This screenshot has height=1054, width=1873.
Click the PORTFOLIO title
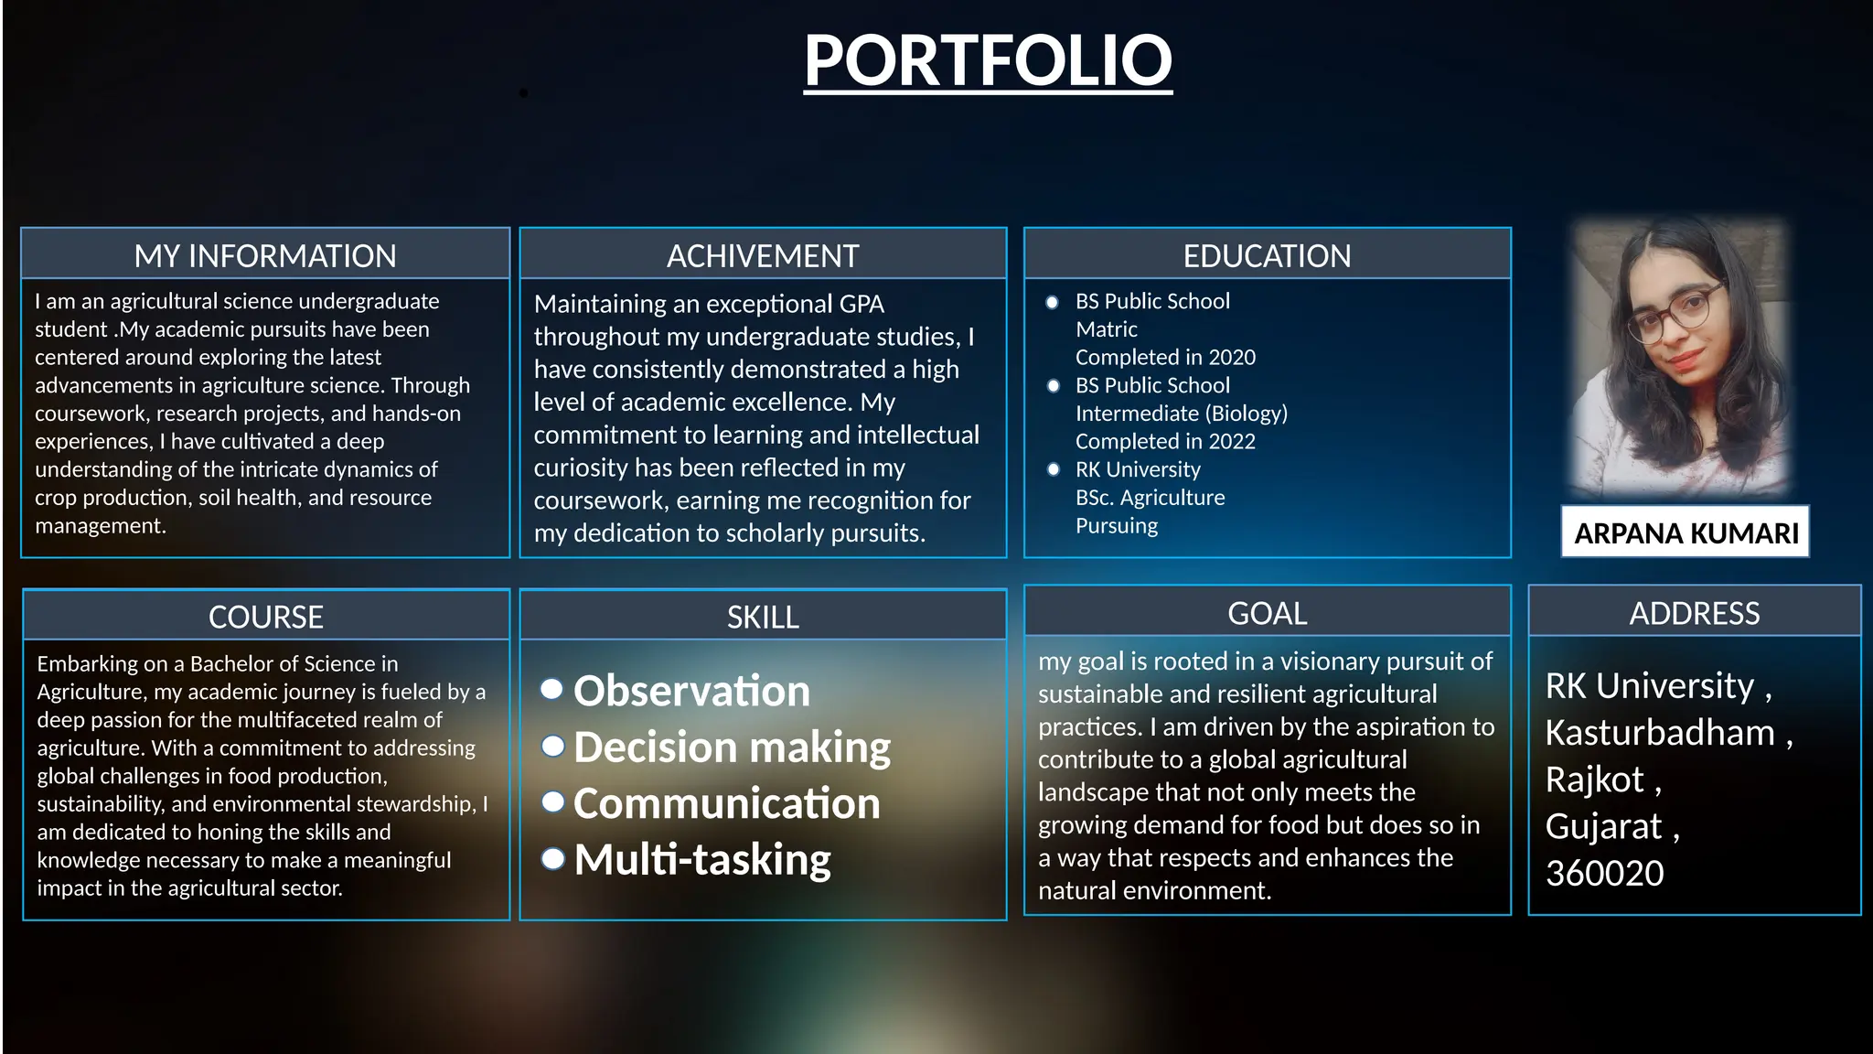coord(988,60)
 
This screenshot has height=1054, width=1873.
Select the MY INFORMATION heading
coord(265,255)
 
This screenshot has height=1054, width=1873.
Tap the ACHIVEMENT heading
coord(763,255)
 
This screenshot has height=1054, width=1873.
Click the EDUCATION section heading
coord(1267,255)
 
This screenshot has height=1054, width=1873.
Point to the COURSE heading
coord(265,617)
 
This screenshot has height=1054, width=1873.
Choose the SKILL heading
coord(763,617)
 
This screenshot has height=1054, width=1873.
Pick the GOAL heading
coord(1267,613)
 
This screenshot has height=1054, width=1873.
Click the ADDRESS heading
coord(1694,613)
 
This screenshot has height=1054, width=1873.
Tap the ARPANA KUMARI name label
coord(1686,532)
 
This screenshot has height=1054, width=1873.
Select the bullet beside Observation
coord(551,689)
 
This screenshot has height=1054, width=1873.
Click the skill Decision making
coord(732,747)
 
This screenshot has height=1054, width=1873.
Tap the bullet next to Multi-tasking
coord(552,859)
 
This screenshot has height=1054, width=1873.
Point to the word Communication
coord(726,803)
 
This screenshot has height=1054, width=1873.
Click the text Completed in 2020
coord(1165,357)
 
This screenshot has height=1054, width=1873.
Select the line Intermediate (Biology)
coord(1181,414)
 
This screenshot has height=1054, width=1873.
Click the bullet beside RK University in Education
coord(1054,469)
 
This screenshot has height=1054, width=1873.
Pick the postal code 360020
coord(1604,874)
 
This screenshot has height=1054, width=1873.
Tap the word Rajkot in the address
coord(1594,780)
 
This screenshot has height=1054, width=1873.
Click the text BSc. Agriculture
coord(1150,498)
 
